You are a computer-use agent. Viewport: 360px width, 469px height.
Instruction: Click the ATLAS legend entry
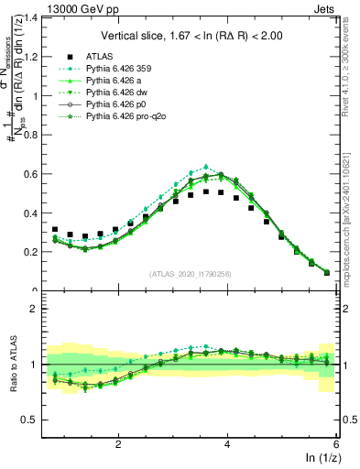pyautogui.click(x=98, y=55)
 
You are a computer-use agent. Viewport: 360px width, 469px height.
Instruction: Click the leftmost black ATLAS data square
pyautogui.click(x=55, y=230)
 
